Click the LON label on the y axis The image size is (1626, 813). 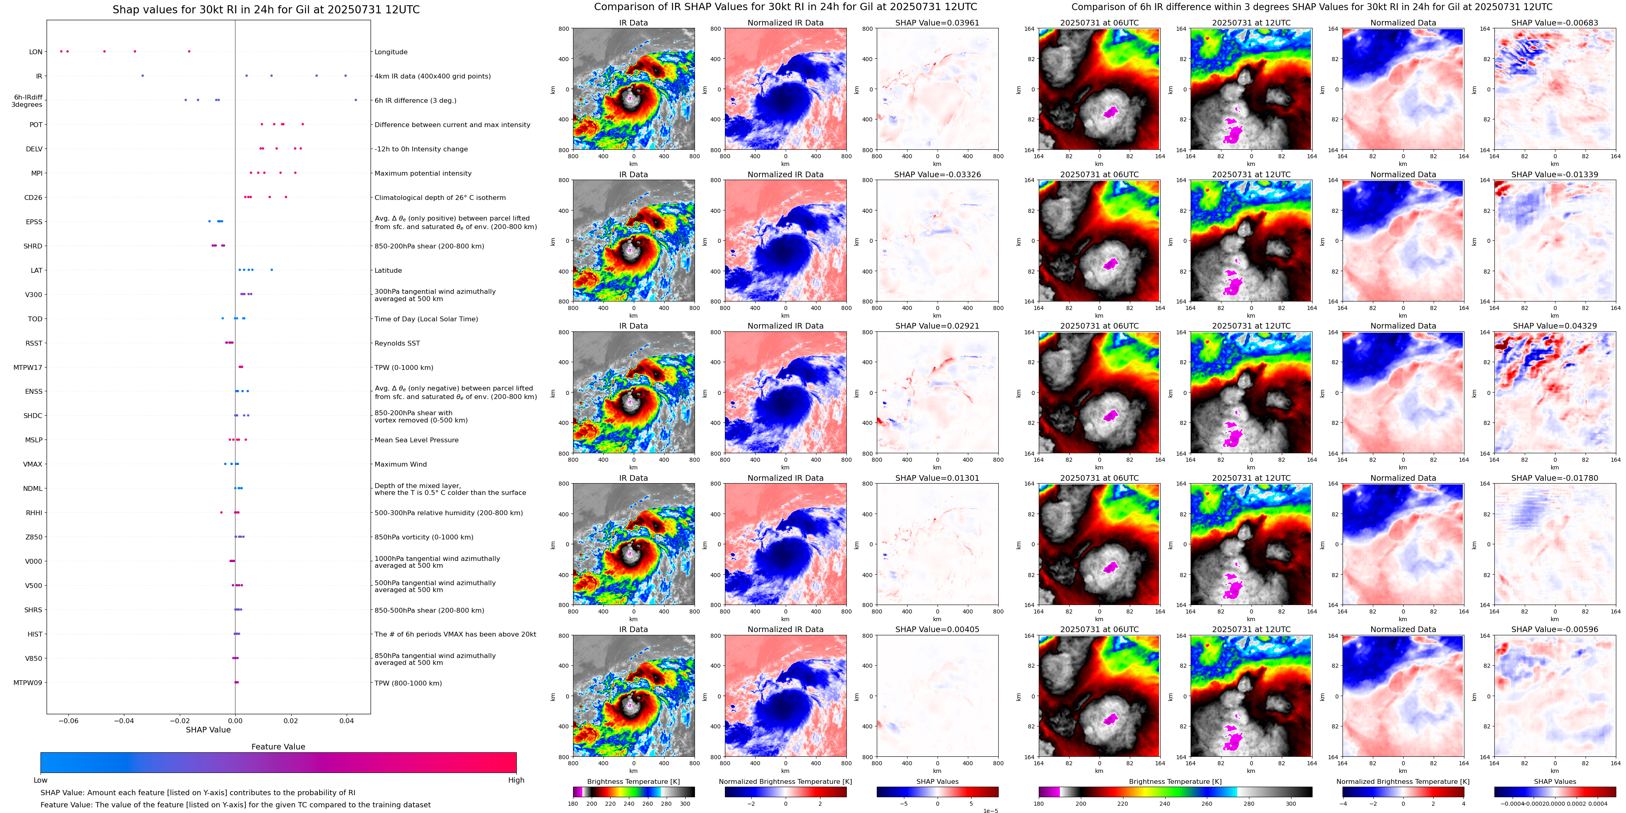click(36, 52)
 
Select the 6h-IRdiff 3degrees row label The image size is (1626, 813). click(27, 101)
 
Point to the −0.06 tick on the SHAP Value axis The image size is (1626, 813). click(69, 720)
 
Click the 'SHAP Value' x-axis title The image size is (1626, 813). click(208, 730)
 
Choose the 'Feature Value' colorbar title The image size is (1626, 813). click(278, 747)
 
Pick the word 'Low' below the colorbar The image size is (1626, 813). click(40, 780)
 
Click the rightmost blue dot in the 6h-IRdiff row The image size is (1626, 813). click(356, 100)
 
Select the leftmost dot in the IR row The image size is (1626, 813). click(143, 76)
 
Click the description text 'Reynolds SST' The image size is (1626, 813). click(397, 343)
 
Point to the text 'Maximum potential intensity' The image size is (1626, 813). click(423, 174)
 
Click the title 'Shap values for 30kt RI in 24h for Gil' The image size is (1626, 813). click(266, 9)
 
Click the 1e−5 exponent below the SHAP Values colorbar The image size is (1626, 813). click(990, 811)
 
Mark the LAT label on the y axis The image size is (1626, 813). click(36, 271)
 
